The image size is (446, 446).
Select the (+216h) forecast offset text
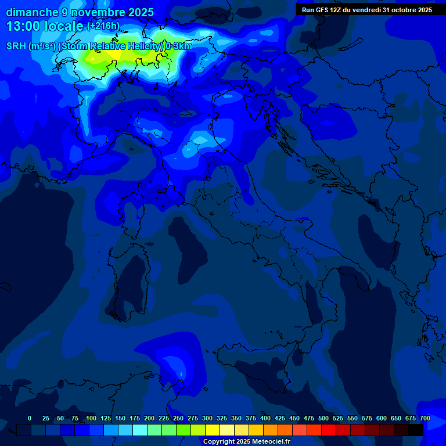(103, 26)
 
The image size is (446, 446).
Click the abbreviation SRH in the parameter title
(16, 46)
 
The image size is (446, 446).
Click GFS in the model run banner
(320, 10)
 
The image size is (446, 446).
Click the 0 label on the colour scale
(30, 418)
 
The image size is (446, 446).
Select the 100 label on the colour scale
(91, 418)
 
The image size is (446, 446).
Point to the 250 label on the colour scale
(178, 418)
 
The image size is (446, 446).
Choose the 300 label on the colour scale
(207, 418)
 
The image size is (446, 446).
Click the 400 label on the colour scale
(265, 418)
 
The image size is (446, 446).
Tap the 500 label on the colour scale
(323, 418)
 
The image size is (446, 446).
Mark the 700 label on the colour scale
(425, 418)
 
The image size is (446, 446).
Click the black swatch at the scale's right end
(416, 430)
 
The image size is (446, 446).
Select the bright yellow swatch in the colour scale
(213, 430)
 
